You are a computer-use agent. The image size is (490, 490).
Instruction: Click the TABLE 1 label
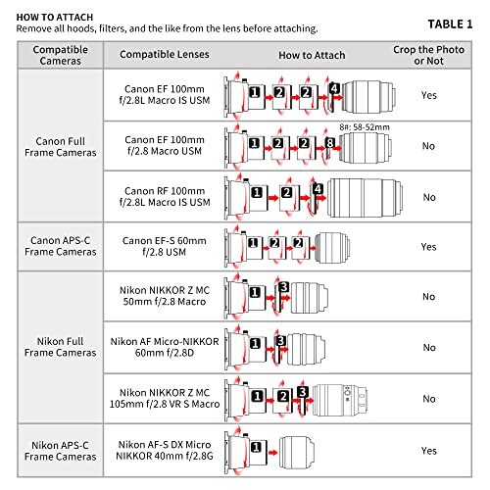pyautogui.click(x=450, y=24)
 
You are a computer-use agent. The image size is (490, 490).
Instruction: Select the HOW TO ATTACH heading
pyautogui.click(x=55, y=17)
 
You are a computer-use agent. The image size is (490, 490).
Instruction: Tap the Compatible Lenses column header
pyautogui.click(x=165, y=54)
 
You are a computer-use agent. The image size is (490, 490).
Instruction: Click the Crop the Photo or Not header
pyautogui.click(x=428, y=55)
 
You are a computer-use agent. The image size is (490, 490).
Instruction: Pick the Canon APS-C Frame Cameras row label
pyautogui.click(x=61, y=246)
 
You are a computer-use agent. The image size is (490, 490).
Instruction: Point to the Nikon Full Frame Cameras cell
pyautogui.click(x=61, y=347)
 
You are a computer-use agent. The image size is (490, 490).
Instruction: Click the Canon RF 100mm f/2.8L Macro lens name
pyautogui.click(x=165, y=197)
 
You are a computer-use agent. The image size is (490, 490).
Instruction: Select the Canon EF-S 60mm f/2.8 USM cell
pyautogui.click(x=165, y=246)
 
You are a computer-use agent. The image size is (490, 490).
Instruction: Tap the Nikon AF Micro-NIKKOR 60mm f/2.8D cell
pyautogui.click(x=165, y=347)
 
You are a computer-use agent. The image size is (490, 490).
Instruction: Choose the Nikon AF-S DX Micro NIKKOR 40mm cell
pyautogui.click(x=165, y=450)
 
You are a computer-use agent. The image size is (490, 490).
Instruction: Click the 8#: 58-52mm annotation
pyautogui.click(x=365, y=127)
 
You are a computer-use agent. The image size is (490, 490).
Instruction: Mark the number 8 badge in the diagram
pyautogui.click(x=330, y=143)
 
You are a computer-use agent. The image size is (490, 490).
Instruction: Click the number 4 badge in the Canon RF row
pyautogui.click(x=318, y=189)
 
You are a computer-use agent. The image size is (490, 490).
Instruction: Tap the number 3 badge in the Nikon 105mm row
pyautogui.click(x=303, y=392)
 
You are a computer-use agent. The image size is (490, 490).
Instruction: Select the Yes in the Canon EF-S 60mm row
pyautogui.click(x=428, y=247)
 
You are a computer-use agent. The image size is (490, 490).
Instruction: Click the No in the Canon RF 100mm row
pyautogui.click(x=429, y=197)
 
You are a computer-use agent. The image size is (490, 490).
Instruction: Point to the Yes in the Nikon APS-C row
pyautogui.click(x=428, y=451)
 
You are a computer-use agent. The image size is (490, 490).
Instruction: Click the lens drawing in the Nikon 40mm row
pyautogui.click(x=297, y=453)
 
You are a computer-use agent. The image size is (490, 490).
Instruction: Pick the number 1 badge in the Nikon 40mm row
pyautogui.click(x=256, y=447)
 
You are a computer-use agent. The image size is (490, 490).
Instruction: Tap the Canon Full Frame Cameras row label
pyautogui.click(x=61, y=147)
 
